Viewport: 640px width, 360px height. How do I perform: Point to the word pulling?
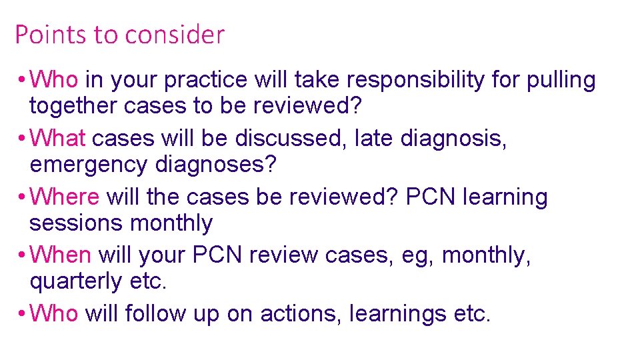click(561, 81)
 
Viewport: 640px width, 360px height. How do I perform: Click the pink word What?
click(59, 138)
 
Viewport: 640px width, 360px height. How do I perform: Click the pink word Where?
click(65, 197)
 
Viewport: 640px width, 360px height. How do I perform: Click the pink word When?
click(61, 255)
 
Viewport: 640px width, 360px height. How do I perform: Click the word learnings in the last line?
click(397, 313)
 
